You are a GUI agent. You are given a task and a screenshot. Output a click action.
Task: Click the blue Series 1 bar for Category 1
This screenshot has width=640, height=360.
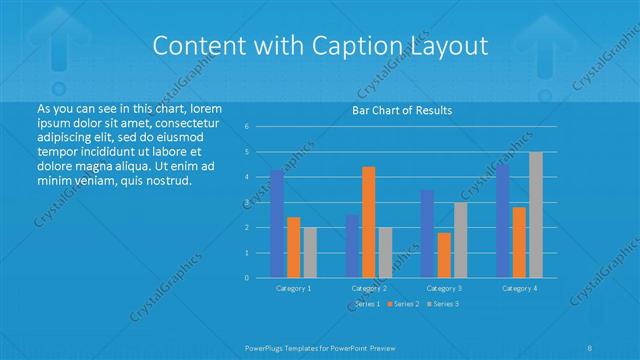(277, 224)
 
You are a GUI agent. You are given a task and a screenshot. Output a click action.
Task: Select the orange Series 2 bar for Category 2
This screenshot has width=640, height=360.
(368, 222)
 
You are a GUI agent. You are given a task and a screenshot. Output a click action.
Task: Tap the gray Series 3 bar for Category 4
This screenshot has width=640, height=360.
(536, 215)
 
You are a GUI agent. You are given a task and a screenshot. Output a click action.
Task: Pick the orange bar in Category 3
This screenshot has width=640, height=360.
(443, 255)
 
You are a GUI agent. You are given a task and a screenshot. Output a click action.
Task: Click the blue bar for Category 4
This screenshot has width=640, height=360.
(502, 221)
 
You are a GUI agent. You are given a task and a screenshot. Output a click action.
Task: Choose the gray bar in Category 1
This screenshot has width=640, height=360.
(309, 252)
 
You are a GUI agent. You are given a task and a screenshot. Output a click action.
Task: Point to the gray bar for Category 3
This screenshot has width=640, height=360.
(460, 240)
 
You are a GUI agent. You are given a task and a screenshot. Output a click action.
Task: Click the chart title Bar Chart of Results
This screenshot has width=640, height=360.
(402, 110)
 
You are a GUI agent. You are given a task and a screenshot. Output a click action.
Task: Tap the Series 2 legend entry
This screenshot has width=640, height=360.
(403, 303)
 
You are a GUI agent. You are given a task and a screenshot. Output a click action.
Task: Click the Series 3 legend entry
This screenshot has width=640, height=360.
(442, 303)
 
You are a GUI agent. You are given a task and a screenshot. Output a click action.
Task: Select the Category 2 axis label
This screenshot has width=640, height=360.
(369, 288)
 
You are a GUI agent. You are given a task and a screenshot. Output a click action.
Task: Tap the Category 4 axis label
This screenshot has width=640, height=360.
(519, 288)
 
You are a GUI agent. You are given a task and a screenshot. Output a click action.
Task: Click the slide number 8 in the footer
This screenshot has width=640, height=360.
(590, 346)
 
